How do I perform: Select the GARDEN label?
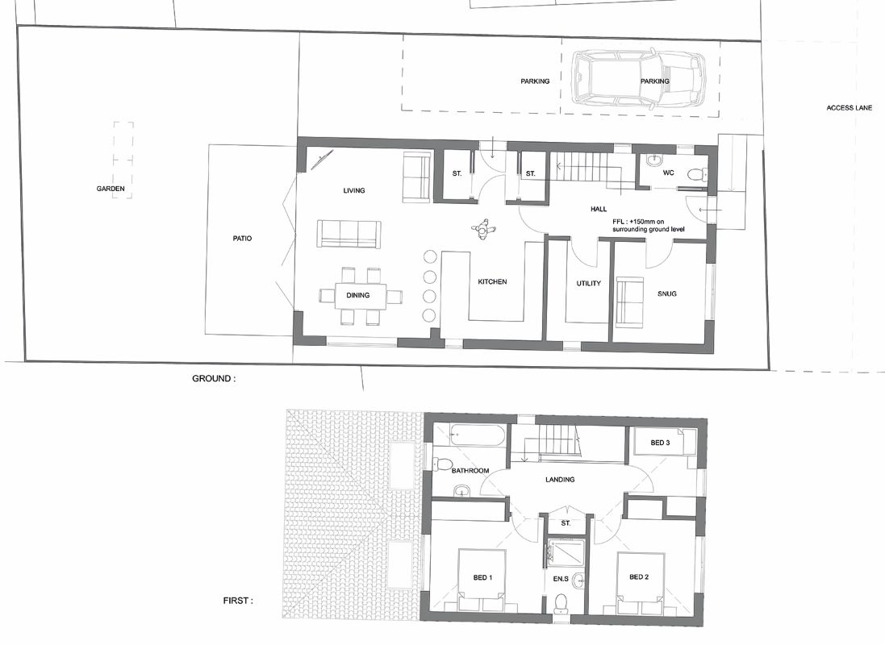111,189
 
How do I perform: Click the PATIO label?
242,239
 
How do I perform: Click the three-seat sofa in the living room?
349,233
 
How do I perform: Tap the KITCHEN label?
492,281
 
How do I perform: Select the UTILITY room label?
588,284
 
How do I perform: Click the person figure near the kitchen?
483,231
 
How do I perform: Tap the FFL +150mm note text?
647,225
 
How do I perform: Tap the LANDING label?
560,480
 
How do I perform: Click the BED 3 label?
660,443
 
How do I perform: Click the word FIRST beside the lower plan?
236,601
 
